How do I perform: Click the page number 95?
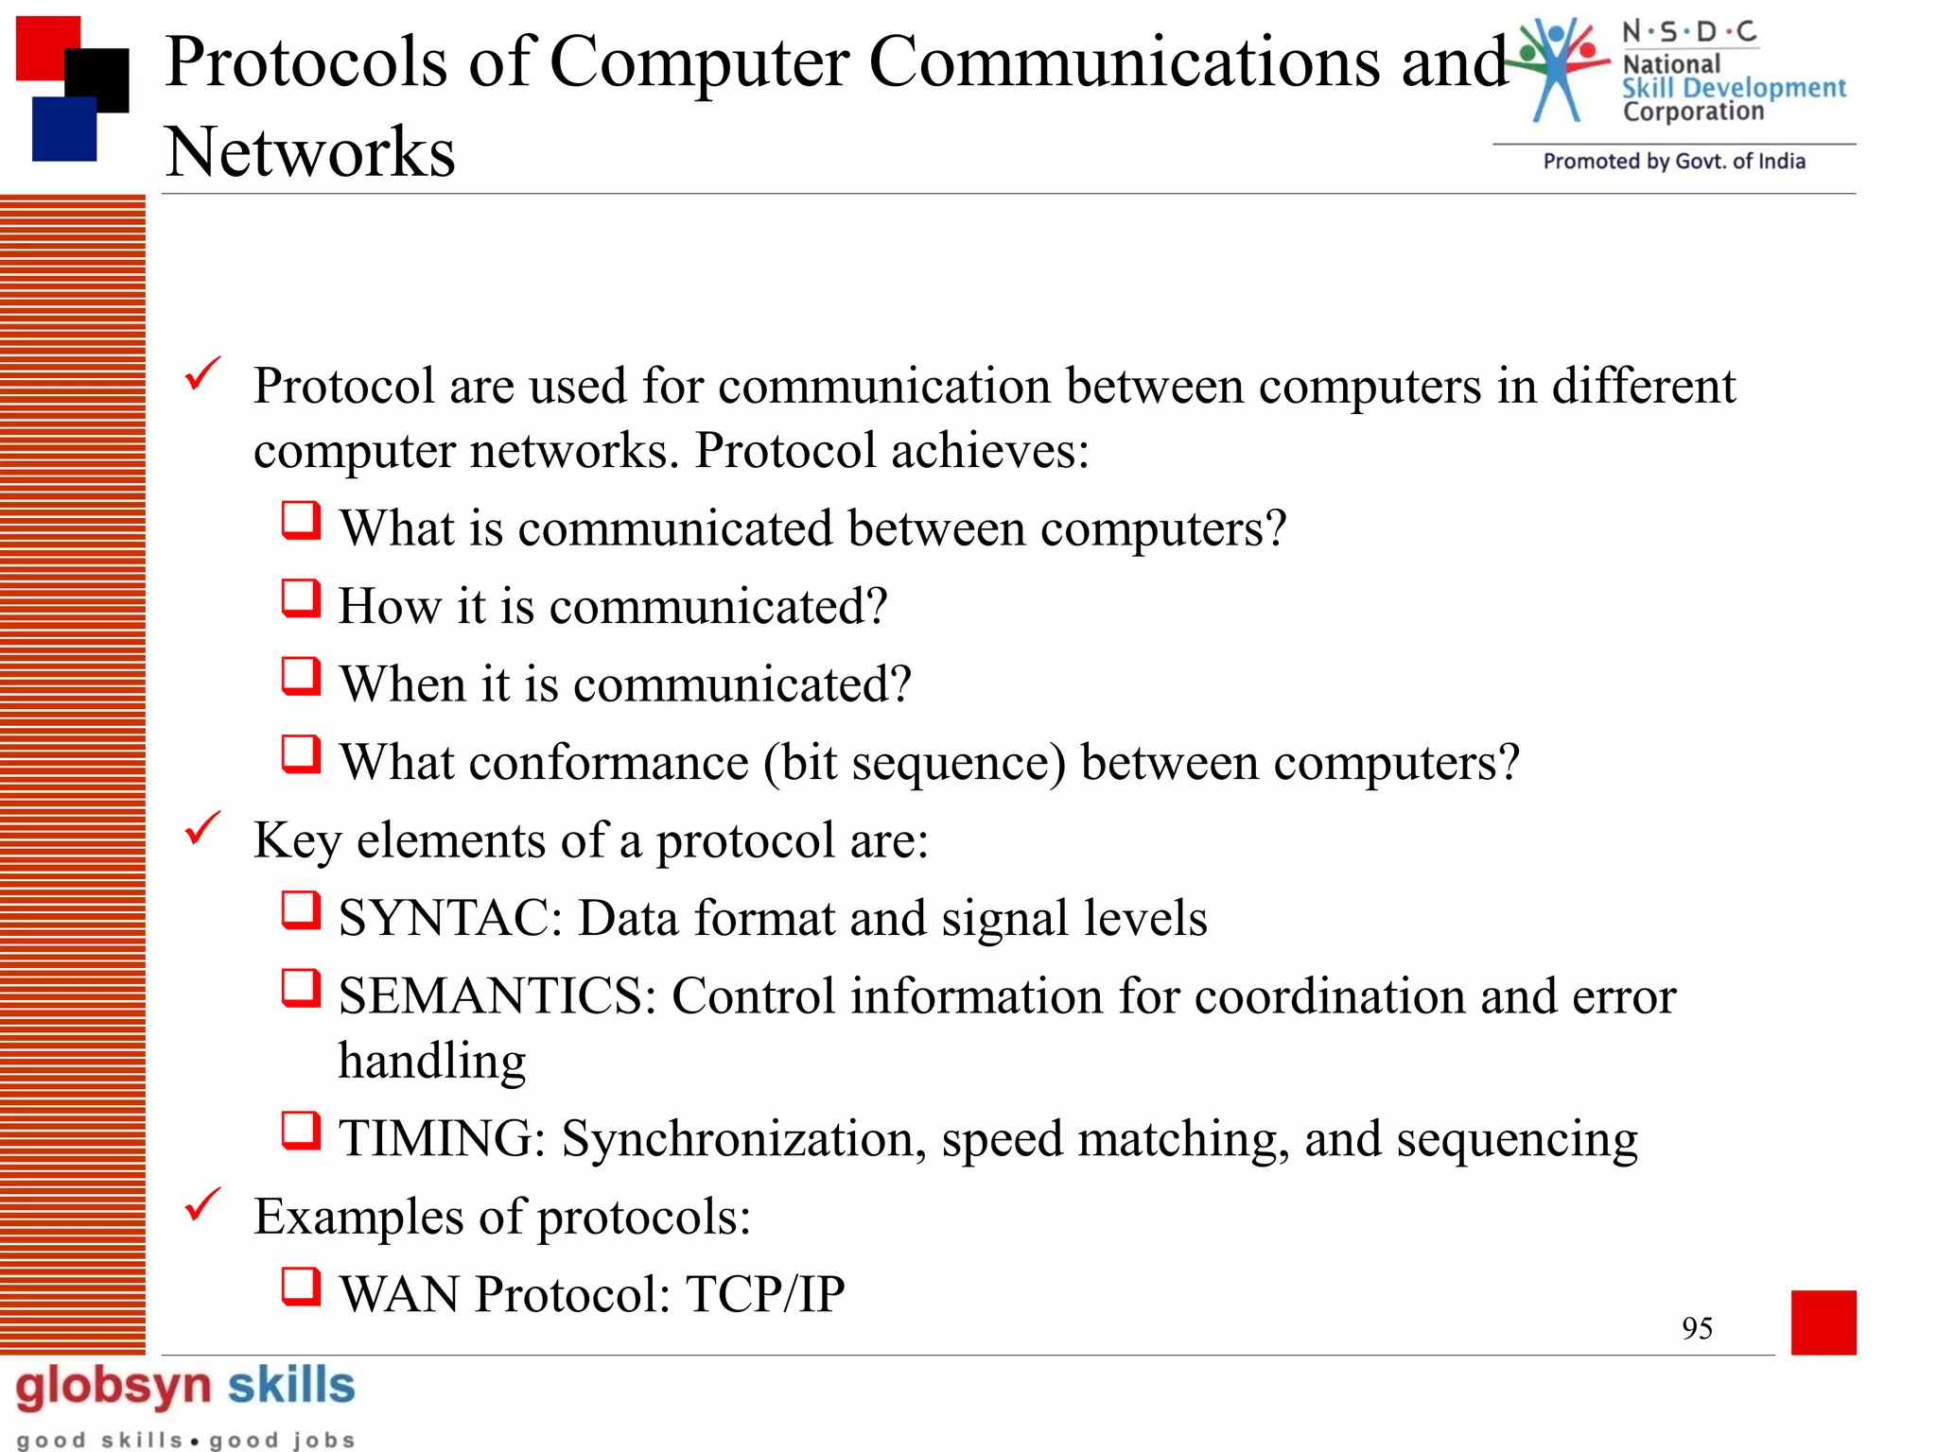(x=1697, y=1328)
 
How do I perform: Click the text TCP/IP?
(x=764, y=1294)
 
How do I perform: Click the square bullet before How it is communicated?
(x=301, y=598)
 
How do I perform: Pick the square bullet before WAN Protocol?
(x=301, y=1287)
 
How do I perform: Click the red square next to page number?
(x=1823, y=1322)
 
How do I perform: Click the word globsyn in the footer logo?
(x=113, y=1387)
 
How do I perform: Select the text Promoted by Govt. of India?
(x=1673, y=162)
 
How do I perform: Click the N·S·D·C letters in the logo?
(x=1689, y=32)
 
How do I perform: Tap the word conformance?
(x=609, y=763)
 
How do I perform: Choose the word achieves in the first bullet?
(x=989, y=451)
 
